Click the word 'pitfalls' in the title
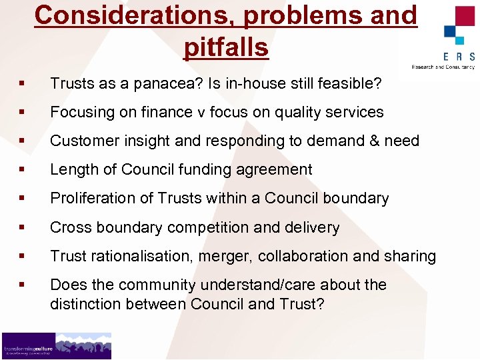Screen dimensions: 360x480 coord(225,47)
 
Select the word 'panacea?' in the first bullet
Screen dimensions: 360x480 coord(167,83)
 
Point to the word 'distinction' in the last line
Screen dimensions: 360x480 coord(84,305)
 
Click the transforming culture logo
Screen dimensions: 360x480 coord(56,345)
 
